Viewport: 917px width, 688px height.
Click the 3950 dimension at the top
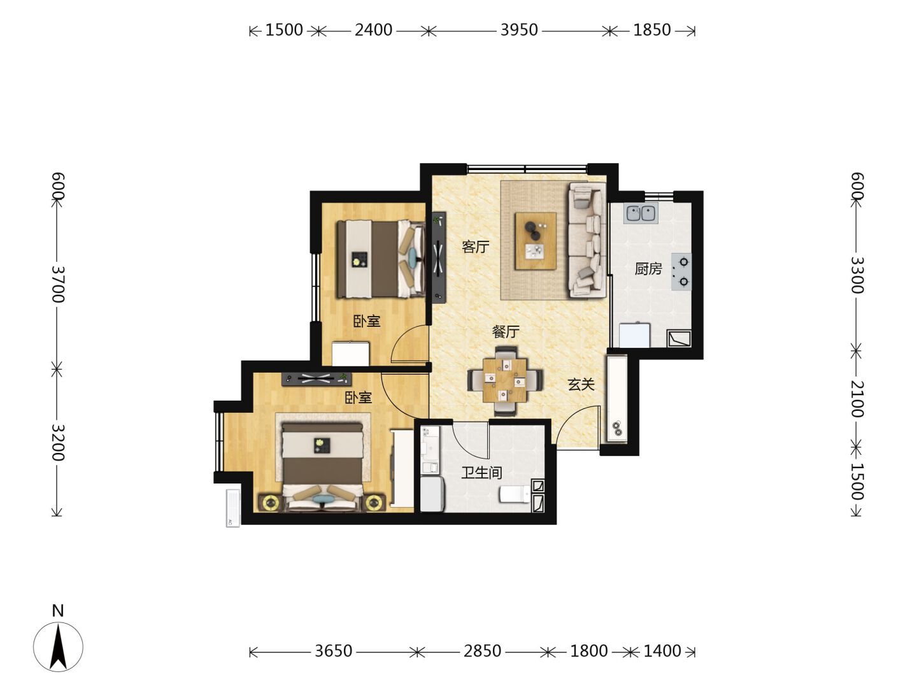click(519, 30)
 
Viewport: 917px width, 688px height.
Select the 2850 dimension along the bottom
click(482, 651)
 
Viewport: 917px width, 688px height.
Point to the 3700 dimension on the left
click(58, 283)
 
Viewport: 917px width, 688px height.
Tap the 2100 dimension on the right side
click(857, 399)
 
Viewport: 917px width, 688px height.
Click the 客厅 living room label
click(475, 247)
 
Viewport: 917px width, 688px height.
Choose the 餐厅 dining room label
click(506, 332)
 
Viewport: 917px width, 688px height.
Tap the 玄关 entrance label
click(581, 384)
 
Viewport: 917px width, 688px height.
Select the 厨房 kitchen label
click(648, 269)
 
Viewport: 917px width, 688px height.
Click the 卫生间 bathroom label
click(481, 473)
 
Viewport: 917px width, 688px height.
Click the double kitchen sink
click(641, 213)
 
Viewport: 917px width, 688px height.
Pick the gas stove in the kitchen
click(681, 271)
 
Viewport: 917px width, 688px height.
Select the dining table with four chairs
click(505, 380)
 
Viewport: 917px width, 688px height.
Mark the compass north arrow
click(58, 646)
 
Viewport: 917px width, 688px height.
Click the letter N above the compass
click(58, 611)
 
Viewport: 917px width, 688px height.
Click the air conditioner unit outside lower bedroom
click(233, 508)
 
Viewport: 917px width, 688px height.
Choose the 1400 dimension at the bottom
click(662, 651)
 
